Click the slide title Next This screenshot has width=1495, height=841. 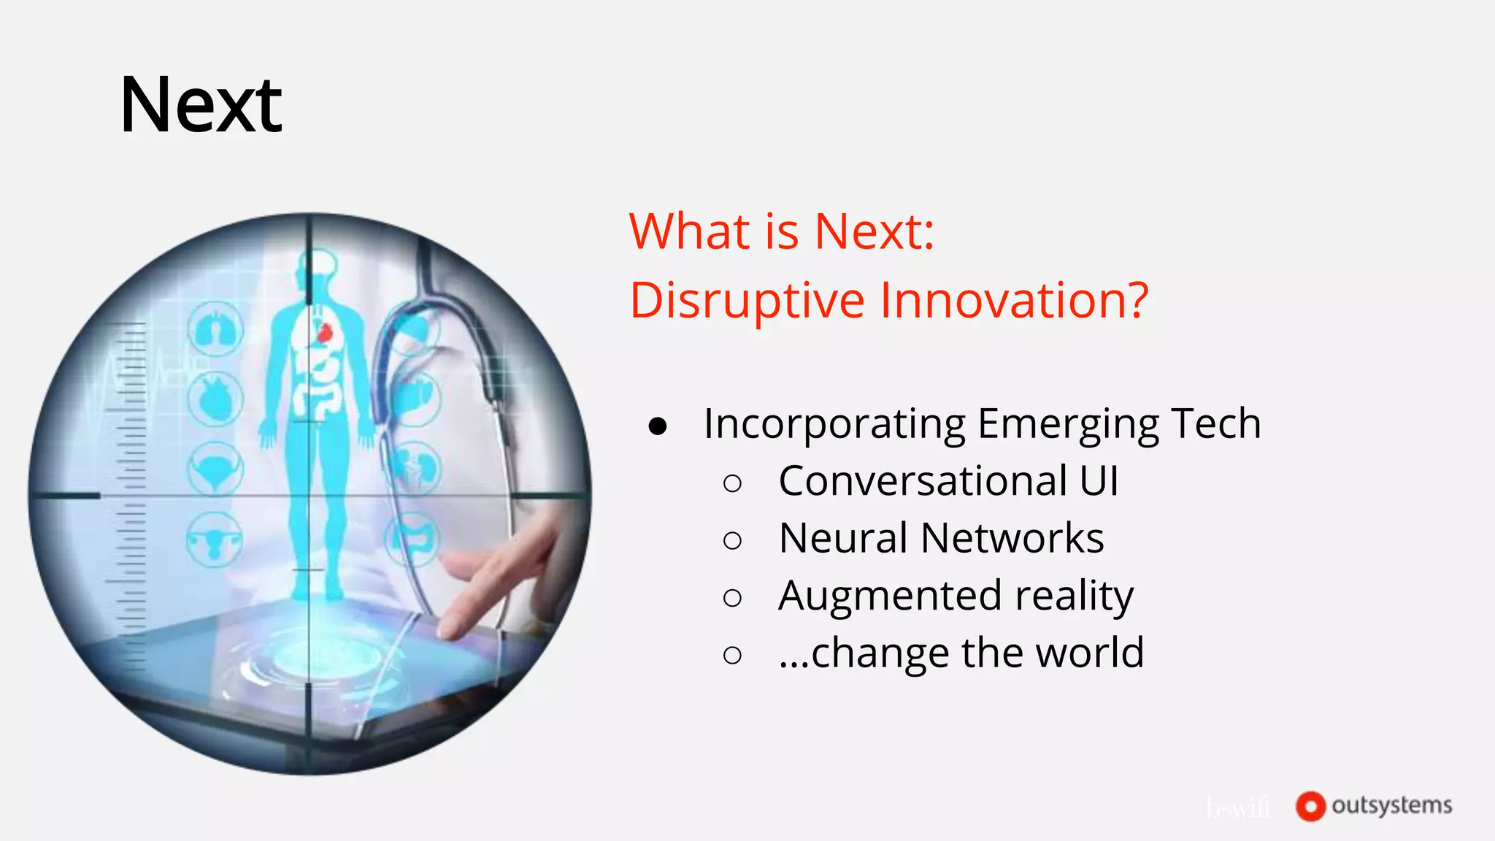(x=201, y=106)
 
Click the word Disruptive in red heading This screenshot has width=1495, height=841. (x=747, y=301)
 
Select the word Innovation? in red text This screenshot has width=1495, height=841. (x=1014, y=301)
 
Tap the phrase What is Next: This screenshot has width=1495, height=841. (x=781, y=232)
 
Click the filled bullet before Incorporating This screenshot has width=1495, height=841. (x=658, y=426)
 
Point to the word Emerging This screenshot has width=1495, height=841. (x=1068, y=424)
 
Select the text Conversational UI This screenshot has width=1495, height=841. (x=948, y=481)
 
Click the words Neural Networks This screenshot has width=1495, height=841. (x=940, y=539)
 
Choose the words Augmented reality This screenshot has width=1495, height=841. (x=956, y=596)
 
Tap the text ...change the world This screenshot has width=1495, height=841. (x=961, y=653)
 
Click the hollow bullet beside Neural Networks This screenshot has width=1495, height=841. (x=732, y=541)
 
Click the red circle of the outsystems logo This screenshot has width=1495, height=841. (x=1310, y=806)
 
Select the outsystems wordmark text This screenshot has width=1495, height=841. (x=1391, y=805)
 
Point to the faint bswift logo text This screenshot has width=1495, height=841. (x=1238, y=807)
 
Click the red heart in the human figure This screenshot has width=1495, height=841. (x=325, y=333)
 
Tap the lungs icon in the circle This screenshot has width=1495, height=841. (x=215, y=329)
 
